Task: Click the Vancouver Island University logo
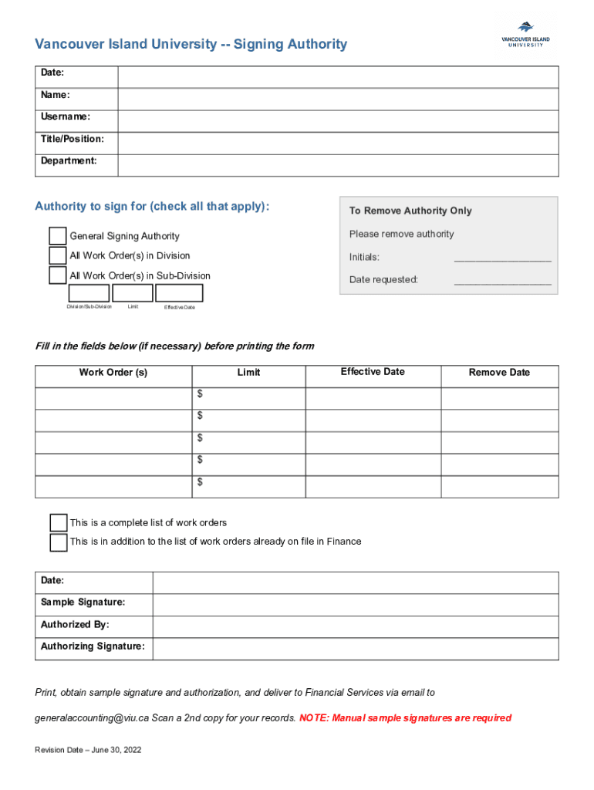(522, 35)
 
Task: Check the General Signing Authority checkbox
(58, 236)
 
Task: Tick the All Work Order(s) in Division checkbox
(58, 255)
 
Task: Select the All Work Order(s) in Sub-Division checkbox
(58, 275)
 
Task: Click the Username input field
(338, 121)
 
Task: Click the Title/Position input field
(338, 143)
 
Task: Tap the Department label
(69, 161)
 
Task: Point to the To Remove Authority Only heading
(410, 211)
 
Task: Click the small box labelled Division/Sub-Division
(89, 293)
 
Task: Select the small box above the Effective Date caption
(179, 293)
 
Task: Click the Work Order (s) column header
(113, 373)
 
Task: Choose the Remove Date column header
(499, 373)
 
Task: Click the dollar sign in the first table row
(200, 394)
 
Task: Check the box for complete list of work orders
(58, 523)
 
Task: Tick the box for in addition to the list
(58, 542)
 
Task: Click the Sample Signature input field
(355, 605)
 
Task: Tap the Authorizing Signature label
(93, 647)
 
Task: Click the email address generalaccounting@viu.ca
(92, 718)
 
